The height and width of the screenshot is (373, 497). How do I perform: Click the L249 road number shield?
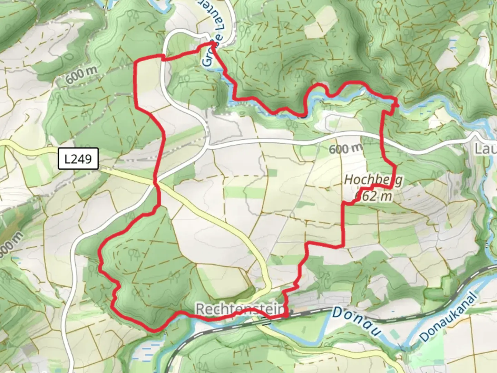pyautogui.click(x=78, y=159)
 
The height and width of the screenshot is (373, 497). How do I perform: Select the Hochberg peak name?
pyautogui.click(x=373, y=180)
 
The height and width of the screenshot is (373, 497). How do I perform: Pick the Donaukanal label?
pyautogui.click(x=449, y=318)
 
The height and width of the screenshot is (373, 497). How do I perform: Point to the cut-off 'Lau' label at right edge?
pyautogui.click(x=486, y=149)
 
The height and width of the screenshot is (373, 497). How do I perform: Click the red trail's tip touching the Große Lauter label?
pyautogui.click(x=213, y=44)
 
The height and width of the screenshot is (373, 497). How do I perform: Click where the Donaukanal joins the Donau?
pyautogui.click(x=402, y=345)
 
